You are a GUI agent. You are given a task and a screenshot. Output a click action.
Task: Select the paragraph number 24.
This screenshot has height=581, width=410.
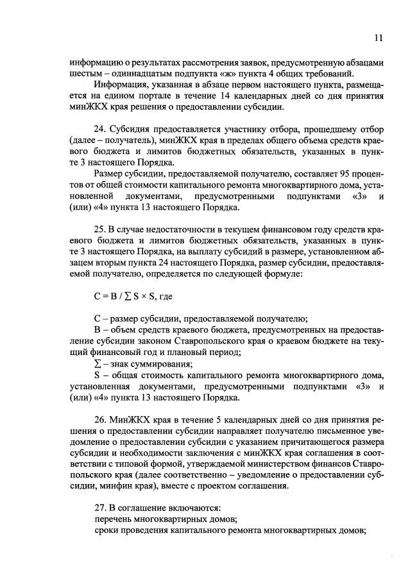[100, 128]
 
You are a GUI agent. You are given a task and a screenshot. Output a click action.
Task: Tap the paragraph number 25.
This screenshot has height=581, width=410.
[100, 230]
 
